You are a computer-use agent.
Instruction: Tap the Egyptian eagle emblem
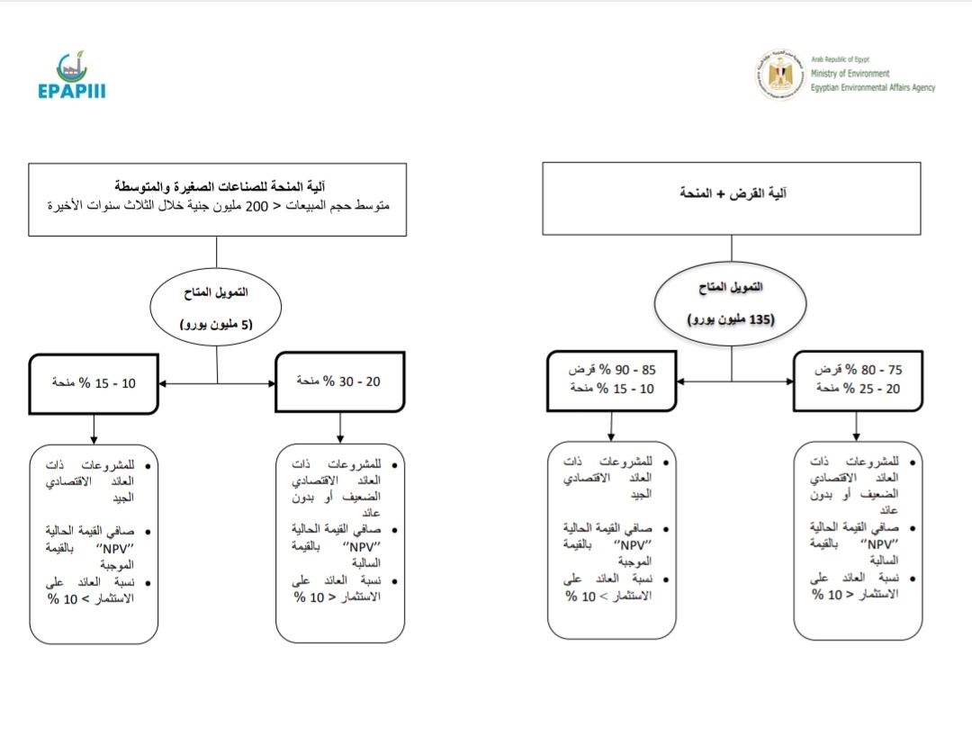(779, 76)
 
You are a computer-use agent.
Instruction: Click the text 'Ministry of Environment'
(850, 74)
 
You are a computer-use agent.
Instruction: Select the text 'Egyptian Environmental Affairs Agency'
(872, 87)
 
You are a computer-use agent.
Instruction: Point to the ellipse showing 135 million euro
(732, 302)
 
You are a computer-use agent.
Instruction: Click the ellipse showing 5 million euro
(217, 306)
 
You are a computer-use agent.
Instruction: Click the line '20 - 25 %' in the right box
(857, 388)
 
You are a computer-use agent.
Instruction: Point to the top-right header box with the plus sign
(731, 198)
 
